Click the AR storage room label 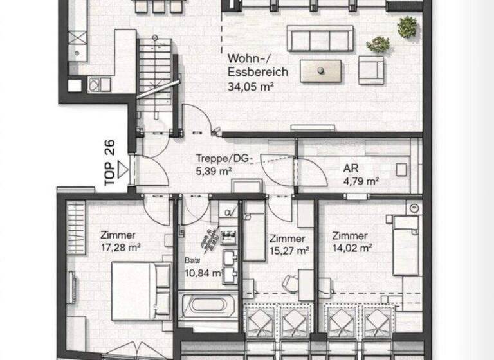click(351, 168)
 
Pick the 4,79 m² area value click(361, 181)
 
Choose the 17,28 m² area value click(120, 247)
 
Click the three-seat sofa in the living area click(320, 39)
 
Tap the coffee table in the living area click(321, 70)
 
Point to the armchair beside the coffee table click(371, 69)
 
